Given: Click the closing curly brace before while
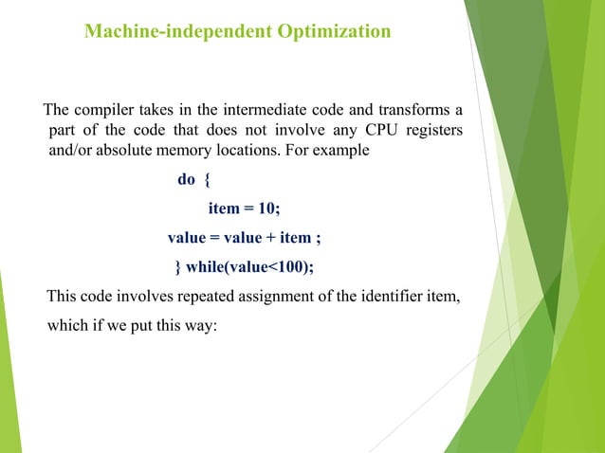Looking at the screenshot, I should pos(175,264).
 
